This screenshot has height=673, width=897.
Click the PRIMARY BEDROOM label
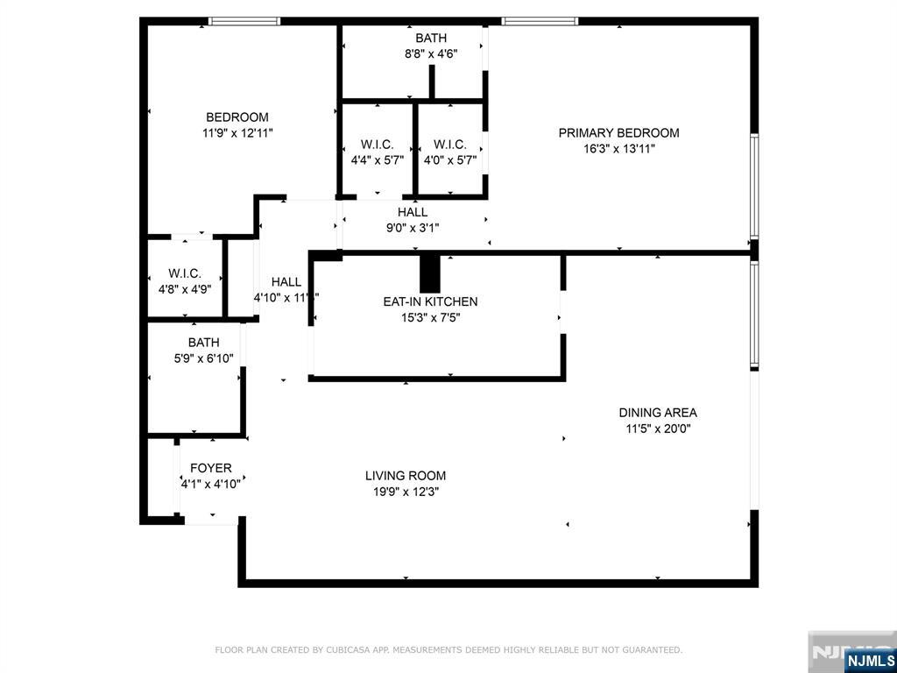(x=618, y=133)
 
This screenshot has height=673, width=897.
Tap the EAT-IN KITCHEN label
(x=430, y=301)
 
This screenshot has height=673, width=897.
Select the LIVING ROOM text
(x=405, y=476)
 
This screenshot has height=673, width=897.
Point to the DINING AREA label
(x=658, y=413)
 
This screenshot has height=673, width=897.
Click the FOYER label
(x=211, y=468)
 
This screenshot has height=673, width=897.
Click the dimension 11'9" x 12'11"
(x=237, y=133)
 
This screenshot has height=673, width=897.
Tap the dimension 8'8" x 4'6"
(x=431, y=54)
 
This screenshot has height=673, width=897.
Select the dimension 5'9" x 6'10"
(x=203, y=358)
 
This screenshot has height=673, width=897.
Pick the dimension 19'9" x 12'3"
(x=405, y=492)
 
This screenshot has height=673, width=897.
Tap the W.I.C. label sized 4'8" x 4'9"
(x=185, y=273)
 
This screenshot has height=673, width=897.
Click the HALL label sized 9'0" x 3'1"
(x=413, y=212)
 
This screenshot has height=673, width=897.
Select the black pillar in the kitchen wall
(x=430, y=273)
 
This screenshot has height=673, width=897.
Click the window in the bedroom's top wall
(x=244, y=21)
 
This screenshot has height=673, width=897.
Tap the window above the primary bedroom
(x=540, y=21)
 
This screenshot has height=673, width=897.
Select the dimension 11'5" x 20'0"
(x=658, y=429)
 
